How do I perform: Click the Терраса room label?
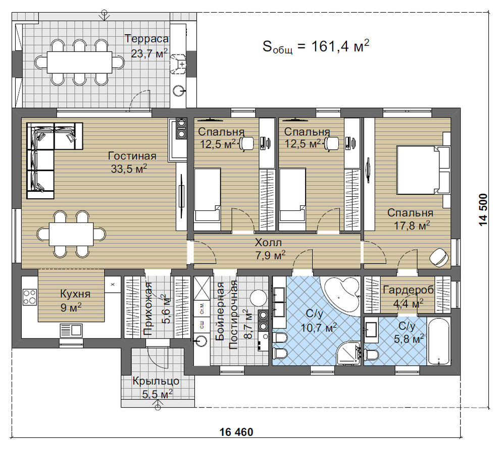click(146, 39)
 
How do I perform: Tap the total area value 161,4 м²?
click(340, 46)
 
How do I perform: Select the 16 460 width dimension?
click(236, 432)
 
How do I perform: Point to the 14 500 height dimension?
click(483, 210)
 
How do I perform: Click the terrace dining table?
click(80, 62)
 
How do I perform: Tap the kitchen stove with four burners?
click(30, 297)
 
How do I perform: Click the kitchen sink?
click(71, 330)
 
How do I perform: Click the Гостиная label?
click(132, 156)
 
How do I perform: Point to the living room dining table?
click(71, 234)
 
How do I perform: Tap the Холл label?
click(269, 243)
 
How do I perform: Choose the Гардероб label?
click(409, 290)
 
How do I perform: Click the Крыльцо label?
click(156, 381)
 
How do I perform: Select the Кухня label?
click(75, 294)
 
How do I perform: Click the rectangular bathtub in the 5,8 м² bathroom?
click(438, 341)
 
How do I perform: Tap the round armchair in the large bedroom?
click(439, 257)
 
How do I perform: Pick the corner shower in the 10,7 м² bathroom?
click(349, 353)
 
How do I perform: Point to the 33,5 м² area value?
click(129, 169)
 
